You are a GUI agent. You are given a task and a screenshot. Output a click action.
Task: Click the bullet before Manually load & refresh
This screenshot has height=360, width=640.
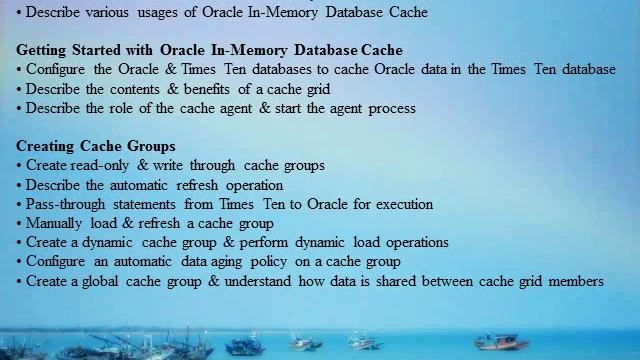click(x=19, y=223)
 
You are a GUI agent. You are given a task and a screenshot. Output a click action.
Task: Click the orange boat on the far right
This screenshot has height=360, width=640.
click(x=501, y=343)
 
